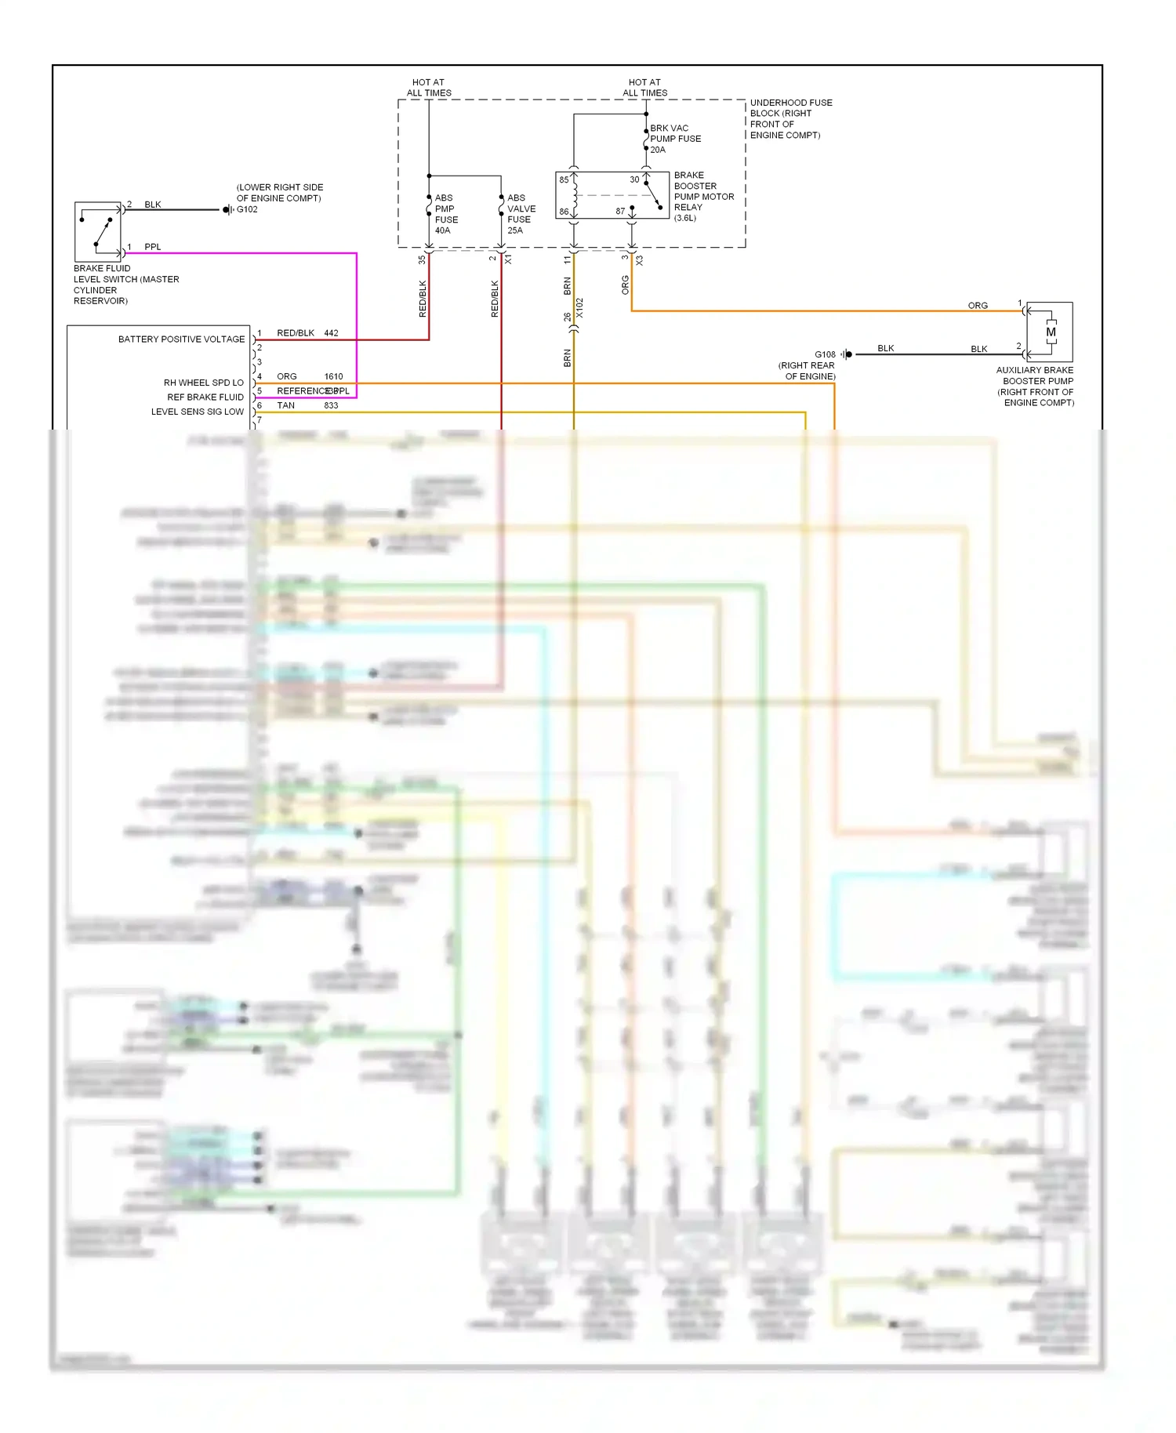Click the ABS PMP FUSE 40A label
pyautogui.click(x=445, y=214)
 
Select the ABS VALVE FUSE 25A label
pyautogui.click(x=520, y=214)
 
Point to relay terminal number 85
pyautogui.click(x=564, y=180)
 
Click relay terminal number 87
pyautogui.click(x=620, y=211)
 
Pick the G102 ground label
pyautogui.click(x=247, y=209)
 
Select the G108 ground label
pyautogui.click(x=825, y=354)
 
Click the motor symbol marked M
pyautogui.click(x=1050, y=332)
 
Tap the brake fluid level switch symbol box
pyautogui.click(x=98, y=231)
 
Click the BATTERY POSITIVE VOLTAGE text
pyautogui.click(x=181, y=339)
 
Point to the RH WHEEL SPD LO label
pyautogui.click(x=203, y=383)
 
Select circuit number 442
pyautogui.click(x=331, y=333)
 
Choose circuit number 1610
pyautogui.click(x=333, y=376)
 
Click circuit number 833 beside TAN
pyautogui.click(x=331, y=405)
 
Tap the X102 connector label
pyautogui.click(x=579, y=307)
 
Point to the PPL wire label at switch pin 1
pyautogui.click(x=152, y=247)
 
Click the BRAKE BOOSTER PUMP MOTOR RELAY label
pyautogui.click(x=702, y=196)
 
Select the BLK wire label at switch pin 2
pyautogui.click(x=152, y=205)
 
